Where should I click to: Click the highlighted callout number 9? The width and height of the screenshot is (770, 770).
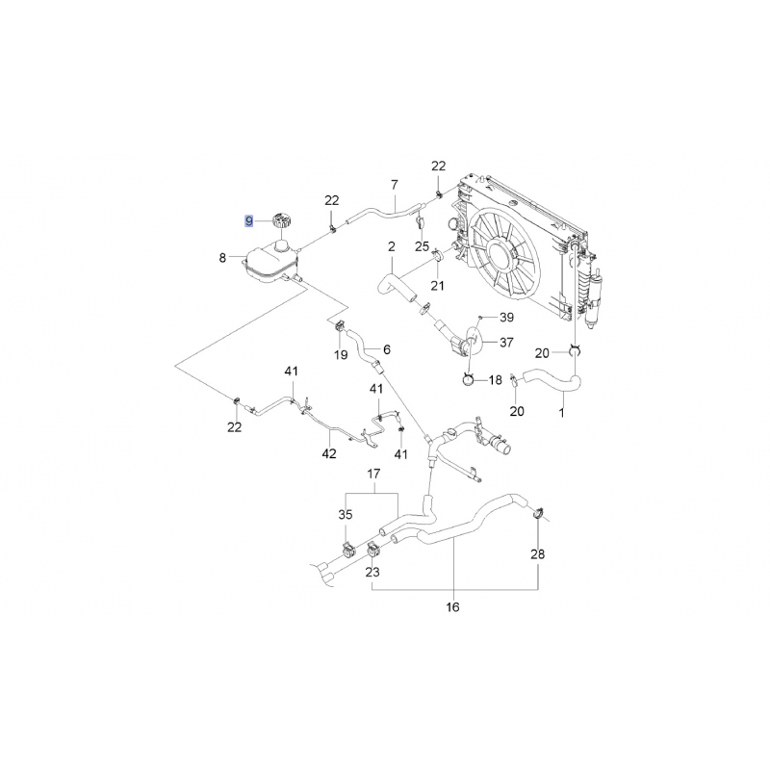coord(249,221)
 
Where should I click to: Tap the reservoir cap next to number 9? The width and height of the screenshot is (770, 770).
coord(281,220)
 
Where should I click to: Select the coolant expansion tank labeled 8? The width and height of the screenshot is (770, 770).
coord(270,263)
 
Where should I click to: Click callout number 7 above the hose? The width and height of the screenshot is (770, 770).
coord(395,185)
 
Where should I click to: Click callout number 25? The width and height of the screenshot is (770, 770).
coord(422,246)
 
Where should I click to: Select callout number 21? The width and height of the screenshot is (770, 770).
coord(437,285)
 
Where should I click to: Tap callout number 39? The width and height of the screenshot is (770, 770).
coord(506,318)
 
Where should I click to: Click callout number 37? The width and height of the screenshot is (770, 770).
coord(506,343)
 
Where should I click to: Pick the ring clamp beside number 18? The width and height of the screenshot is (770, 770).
coord(468,379)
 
